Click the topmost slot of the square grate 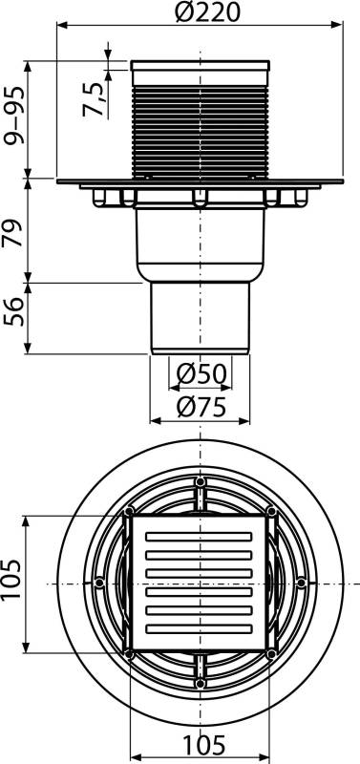pyautogui.click(x=200, y=538)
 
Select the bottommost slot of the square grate pyautogui.click(x=200, y=631)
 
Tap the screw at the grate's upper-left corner pyautogui.click(x=128, y=513)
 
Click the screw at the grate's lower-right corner pyautogui.click(x=272, y=654)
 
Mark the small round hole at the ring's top pyautogui.click(x=200, y=481)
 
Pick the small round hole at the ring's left pyautogui.click(x=99, y=583)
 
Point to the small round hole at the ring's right pyautogui.click(x=301, y=583)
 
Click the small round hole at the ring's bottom pyautogui.click(x=200, y=684)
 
